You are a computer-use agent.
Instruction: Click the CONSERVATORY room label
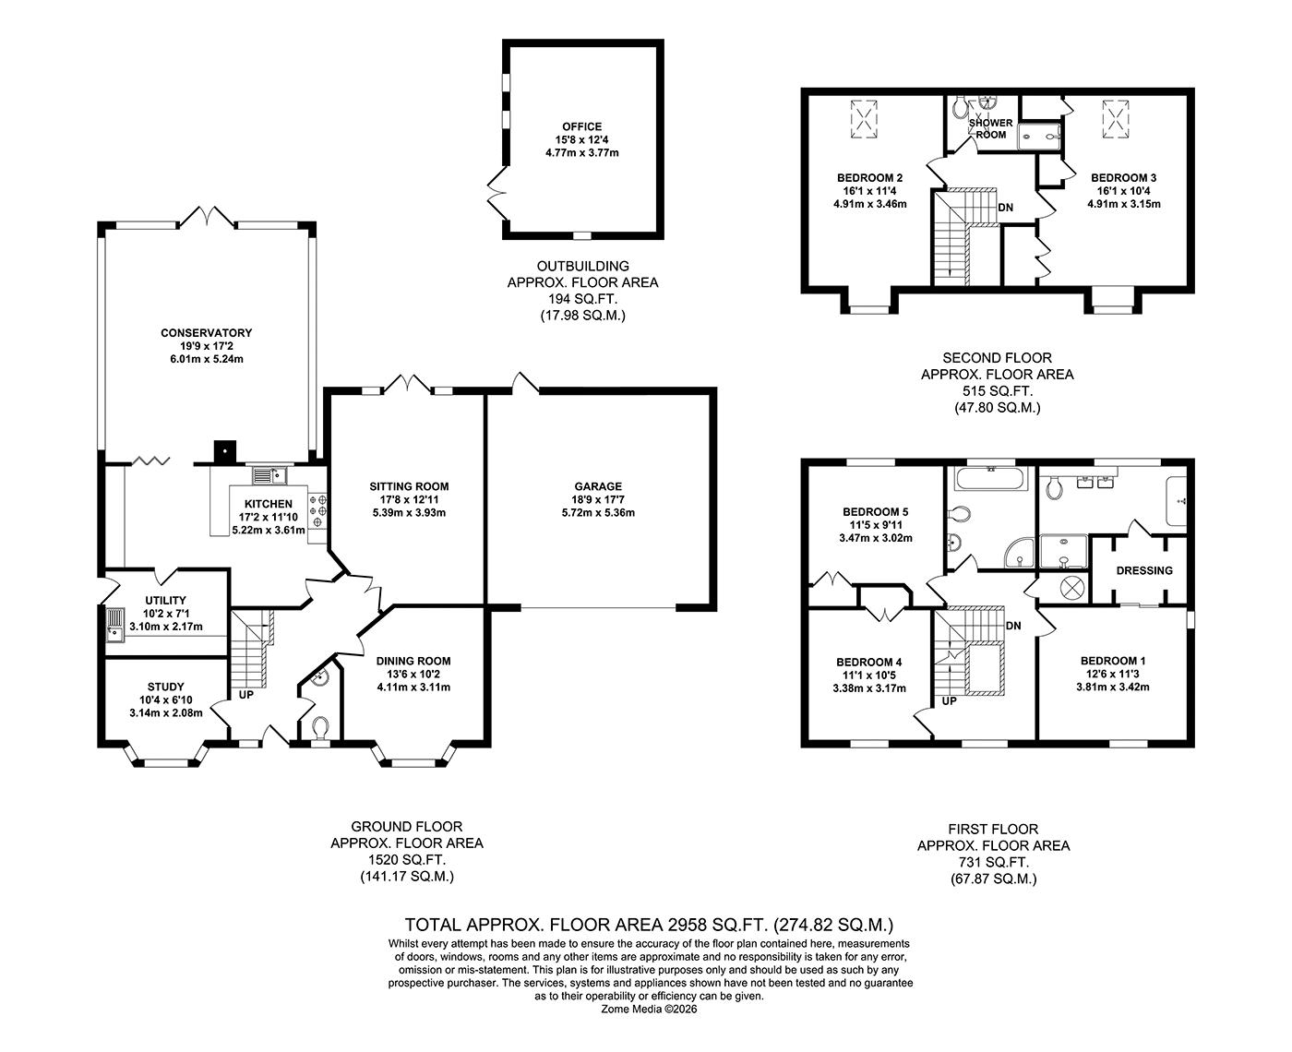206,333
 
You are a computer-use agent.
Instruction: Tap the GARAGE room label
598,486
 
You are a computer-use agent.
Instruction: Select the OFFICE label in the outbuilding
581,127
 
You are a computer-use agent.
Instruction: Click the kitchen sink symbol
270,476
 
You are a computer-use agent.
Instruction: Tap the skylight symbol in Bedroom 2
864,118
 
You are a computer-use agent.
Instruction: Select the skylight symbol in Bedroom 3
1116,118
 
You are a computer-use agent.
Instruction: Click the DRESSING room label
1143,570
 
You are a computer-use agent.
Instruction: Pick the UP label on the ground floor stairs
246,694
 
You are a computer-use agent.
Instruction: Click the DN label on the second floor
1005,208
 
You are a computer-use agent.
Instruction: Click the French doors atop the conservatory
208,218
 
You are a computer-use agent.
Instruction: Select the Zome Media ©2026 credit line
650,1009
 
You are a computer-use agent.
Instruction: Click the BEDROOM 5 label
875,512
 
